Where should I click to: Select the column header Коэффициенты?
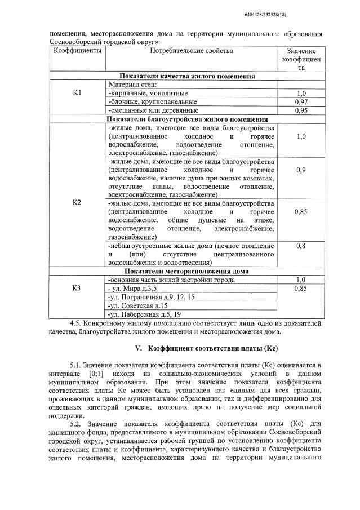77,51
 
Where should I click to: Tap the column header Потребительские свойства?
191,51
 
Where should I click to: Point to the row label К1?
77,92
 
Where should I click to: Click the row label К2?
77,202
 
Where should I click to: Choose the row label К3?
77,288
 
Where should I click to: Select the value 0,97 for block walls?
301,101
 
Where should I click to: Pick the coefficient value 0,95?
301,110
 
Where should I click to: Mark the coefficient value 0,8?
301,246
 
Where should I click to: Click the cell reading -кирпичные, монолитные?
148,92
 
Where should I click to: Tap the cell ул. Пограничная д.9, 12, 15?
151,296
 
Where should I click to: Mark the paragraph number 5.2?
77,424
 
